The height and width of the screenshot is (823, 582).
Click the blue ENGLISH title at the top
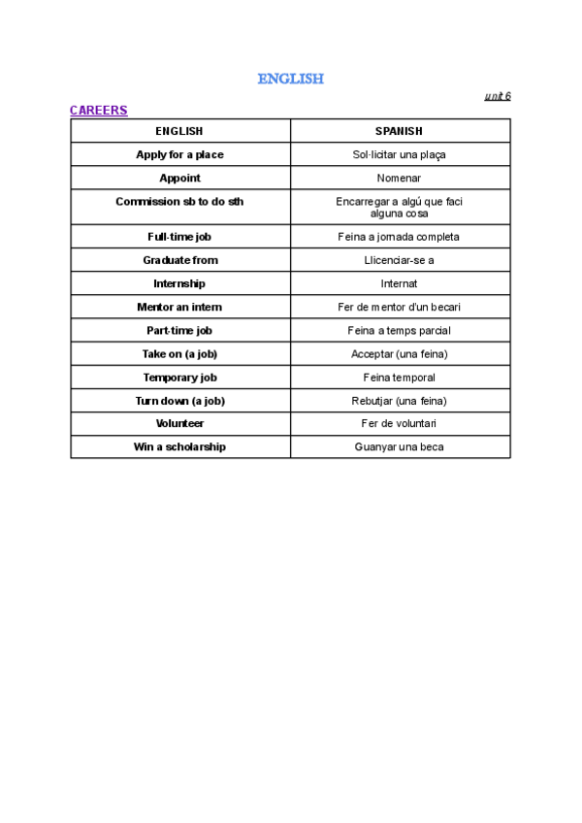click(290, 79)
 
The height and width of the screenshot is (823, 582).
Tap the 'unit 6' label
click(498, 96)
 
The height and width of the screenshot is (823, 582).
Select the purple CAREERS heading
click(98, 111)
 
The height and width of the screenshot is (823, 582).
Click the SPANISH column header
click(399, 131)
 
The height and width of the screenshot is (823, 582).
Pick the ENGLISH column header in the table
click(179, 131)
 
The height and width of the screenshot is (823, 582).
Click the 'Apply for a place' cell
click(179, 154)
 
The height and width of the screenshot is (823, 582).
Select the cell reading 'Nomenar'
click(399, 178)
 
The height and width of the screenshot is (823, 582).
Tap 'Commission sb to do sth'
click(179, 202)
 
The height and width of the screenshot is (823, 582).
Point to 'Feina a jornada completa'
click(399, 237)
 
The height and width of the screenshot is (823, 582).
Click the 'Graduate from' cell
click(179, 260)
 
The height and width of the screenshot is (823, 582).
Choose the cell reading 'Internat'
click(399, 283)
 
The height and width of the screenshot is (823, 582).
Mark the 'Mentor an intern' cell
click(179, 307)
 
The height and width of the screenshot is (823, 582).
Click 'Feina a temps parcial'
click(399, 330)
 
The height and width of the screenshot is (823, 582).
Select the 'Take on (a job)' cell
click(179, 354)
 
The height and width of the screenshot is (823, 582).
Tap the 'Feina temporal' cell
click(399, 378)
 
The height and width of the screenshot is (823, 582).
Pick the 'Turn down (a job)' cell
click(179, 401)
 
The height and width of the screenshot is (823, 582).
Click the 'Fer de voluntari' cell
click(399, 424)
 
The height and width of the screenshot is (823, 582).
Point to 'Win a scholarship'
click(179, 447)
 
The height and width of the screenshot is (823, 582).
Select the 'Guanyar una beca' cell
click(399, 447)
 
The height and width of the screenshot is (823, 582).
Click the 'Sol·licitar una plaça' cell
click(399, 154)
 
